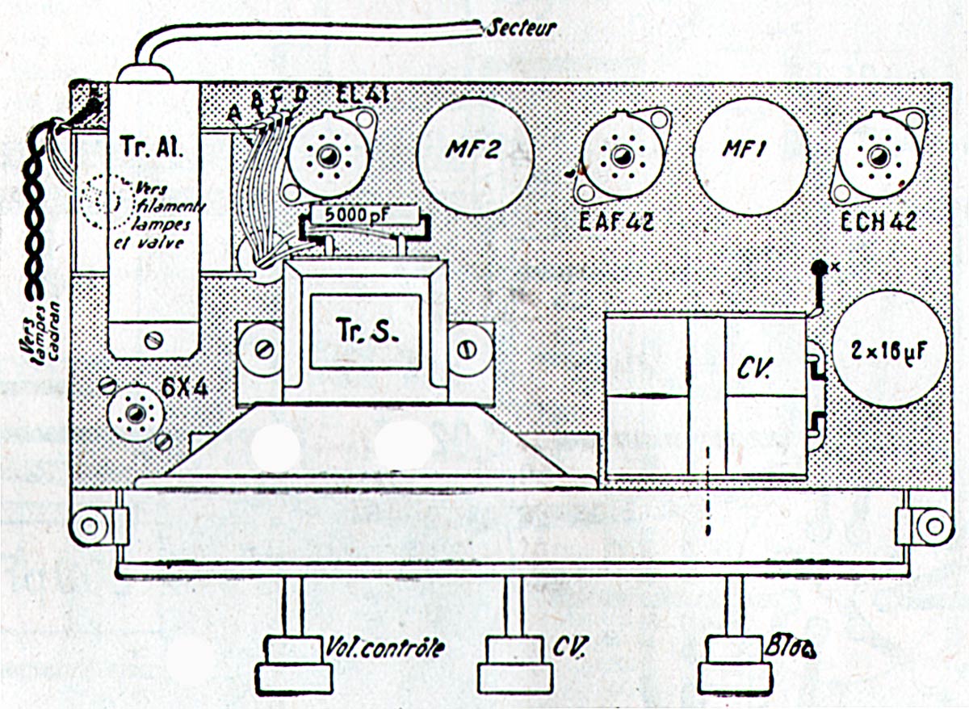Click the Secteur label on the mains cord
tap(522, 28)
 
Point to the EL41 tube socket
tap(330, 155)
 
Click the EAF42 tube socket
tap(622, 155)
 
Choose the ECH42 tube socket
tap(876, 155)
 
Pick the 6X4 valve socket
tap(134, 413)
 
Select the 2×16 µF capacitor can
tap(887, 349)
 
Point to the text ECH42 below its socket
tap(879, 220)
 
